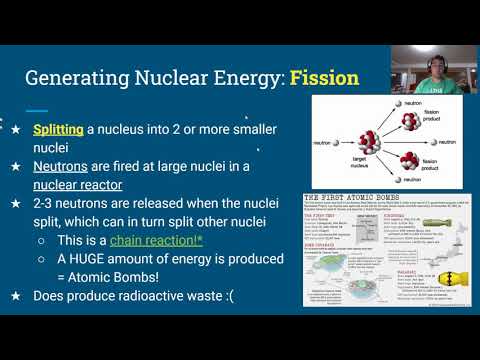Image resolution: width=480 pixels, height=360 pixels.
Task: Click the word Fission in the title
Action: [325, 78]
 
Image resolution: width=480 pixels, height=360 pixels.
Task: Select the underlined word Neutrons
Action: [68, 166]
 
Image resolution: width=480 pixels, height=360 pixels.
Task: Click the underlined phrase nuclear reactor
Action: [87, 185]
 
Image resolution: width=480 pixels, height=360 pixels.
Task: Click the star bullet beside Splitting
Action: [15, 131]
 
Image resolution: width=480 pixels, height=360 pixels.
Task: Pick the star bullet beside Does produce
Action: [15, 297]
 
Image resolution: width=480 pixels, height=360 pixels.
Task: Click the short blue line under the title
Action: [37, 109]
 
